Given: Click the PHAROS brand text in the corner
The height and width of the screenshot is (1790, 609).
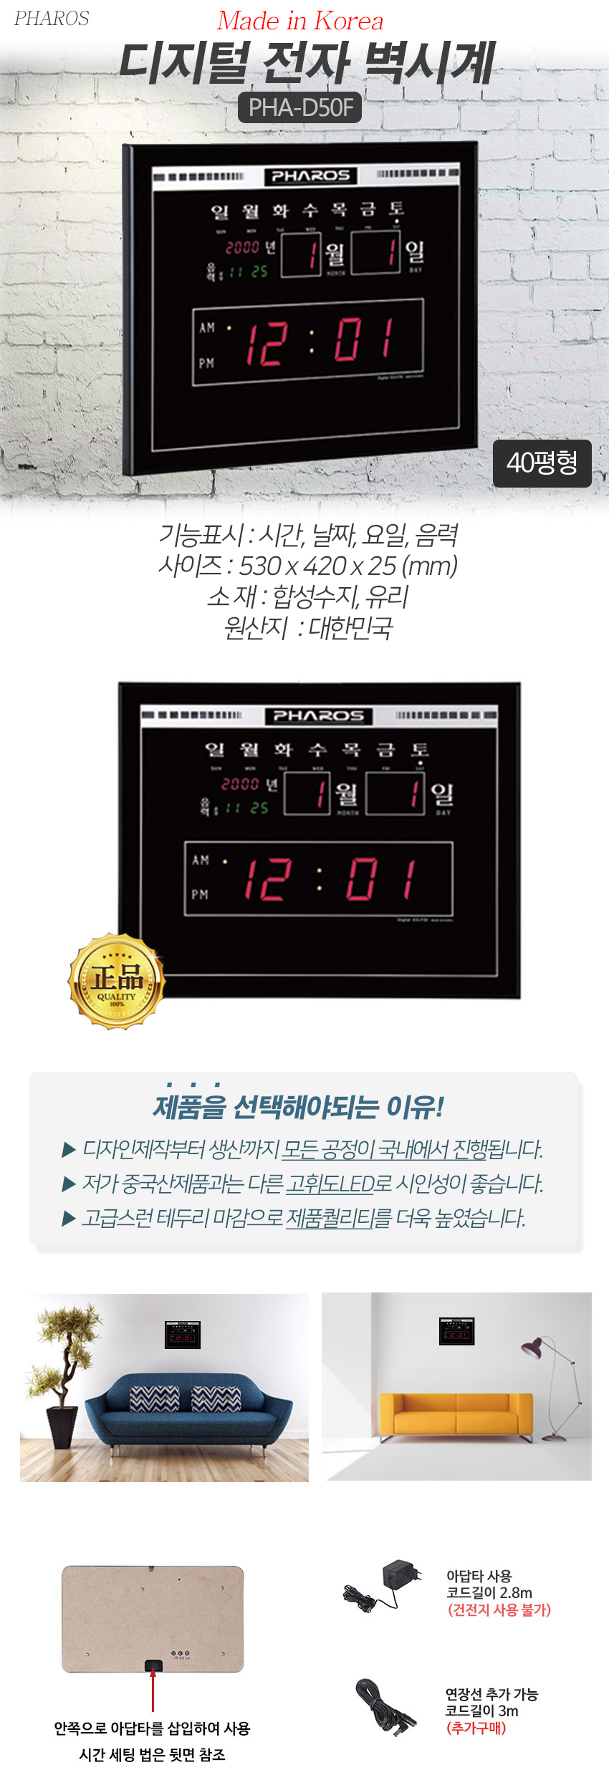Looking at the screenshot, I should click(52, 19).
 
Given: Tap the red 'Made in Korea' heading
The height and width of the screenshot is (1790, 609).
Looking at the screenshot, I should click(300, 21).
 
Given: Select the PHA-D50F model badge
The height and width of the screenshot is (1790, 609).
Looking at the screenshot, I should click(299, 107).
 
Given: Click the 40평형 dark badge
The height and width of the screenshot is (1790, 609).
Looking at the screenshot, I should click(542, 463).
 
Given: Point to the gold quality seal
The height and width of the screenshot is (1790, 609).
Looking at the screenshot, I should click(117, 981).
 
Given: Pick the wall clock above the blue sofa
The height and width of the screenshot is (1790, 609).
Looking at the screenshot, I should click(183, 1335).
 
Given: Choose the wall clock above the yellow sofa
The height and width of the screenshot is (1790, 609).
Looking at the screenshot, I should click(457, 1331).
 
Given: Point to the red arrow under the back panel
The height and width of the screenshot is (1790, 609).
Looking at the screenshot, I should click(153, 1690).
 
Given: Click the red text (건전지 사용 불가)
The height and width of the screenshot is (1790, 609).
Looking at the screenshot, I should click(499, 1610).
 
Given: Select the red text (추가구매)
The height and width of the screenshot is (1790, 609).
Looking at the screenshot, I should click(476, 1728).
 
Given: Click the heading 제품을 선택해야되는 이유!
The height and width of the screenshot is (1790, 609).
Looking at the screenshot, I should click(299, 1107).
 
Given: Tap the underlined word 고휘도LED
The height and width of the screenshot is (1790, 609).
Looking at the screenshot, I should click(330, 1184).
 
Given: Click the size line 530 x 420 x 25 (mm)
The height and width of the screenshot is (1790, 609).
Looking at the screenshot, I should click(307, 566).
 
